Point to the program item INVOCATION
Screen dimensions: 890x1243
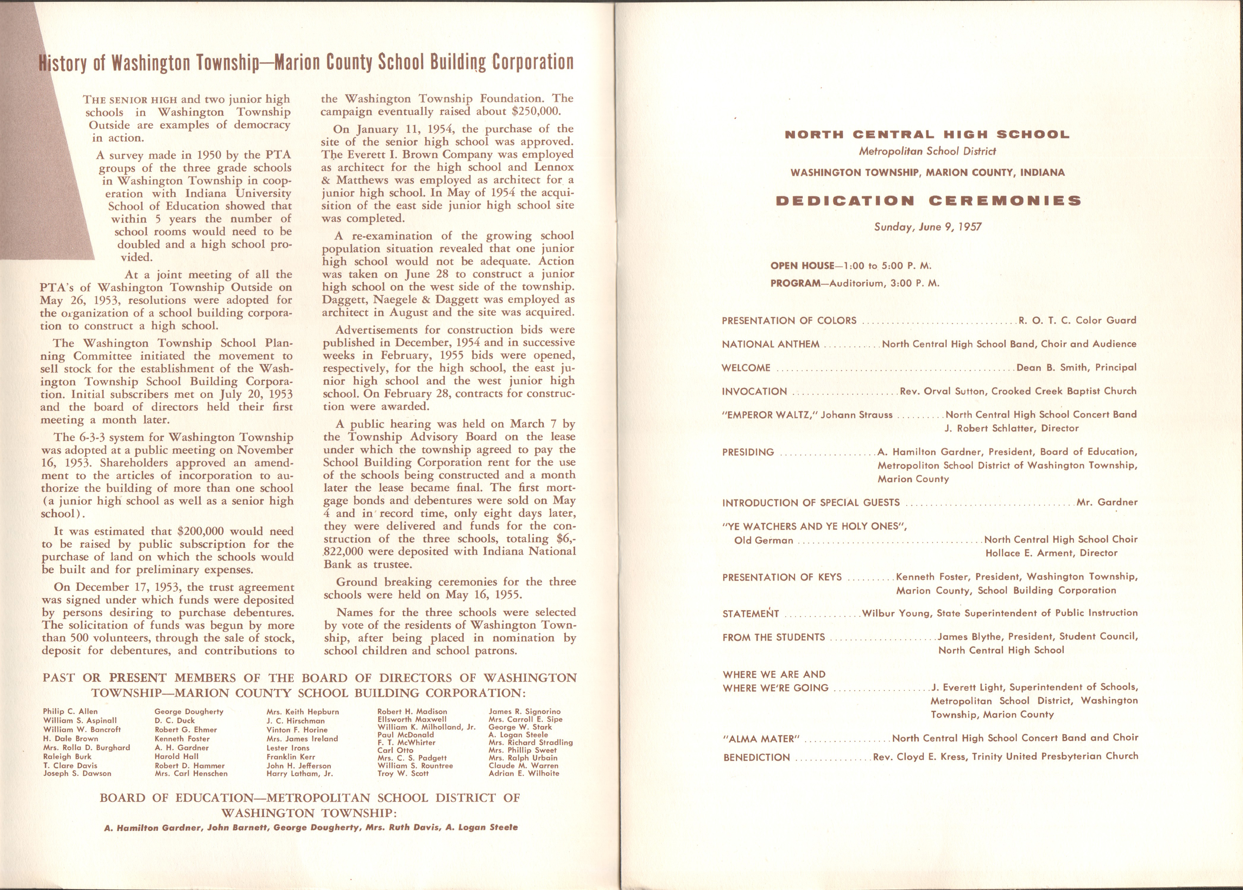click(754, 391)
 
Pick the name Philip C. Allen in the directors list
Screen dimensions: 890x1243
click(70, 711)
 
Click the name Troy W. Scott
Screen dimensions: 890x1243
click(403, 773)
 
